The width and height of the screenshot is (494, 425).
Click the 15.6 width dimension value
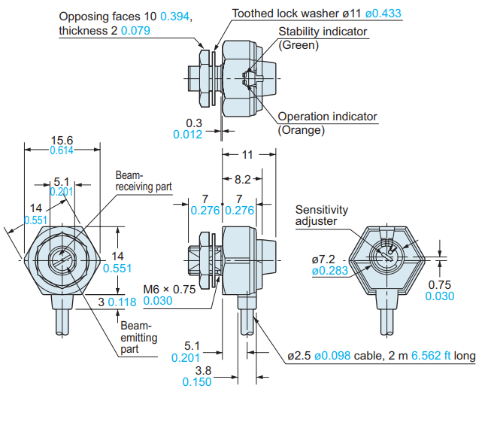coord(62,141)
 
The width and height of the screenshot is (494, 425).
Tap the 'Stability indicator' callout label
coord(323,32)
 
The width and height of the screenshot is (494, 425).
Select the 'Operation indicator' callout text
coord(327,117)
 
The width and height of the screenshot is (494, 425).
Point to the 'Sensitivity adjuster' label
coord(322,215)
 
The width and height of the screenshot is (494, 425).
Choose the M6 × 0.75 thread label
coord(169,289)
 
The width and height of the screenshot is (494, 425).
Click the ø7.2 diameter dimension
coord(323,260)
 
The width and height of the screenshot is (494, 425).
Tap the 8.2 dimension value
coord(242,179)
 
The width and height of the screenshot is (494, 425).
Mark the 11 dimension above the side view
coord(247,155)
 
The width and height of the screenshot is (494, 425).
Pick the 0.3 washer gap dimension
coord(194,123)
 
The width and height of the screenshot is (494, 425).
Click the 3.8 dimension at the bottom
coord(203,370)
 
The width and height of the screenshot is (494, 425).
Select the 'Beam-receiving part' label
coord(144,181)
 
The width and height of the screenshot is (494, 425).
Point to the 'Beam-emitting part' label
coord(139,337)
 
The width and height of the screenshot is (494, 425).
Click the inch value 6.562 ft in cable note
coord(431,356)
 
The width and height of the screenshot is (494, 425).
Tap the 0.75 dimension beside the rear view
coord(440,284)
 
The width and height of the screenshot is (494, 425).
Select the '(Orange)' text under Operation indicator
coord(302,130)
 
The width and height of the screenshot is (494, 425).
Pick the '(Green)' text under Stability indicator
coord(299,45)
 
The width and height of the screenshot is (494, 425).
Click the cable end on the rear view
coord(387,332)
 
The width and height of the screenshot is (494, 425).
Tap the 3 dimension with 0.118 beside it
coord(101,302)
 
